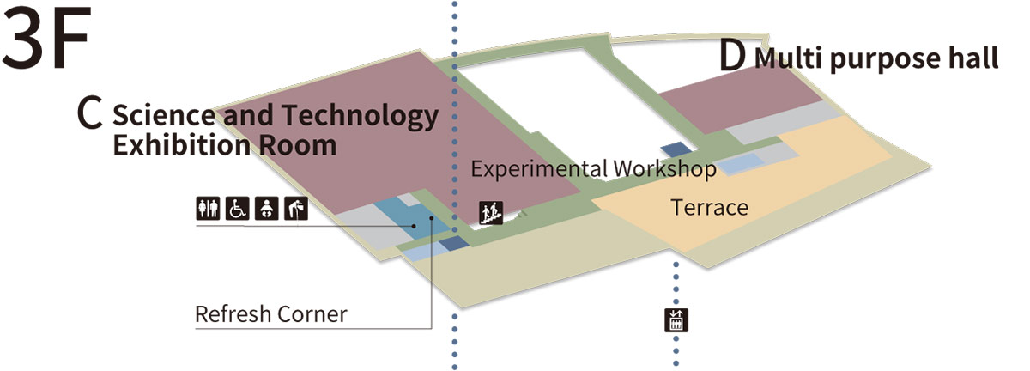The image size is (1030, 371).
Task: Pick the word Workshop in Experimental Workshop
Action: point(663,169)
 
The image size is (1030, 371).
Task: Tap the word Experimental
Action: point(539,169)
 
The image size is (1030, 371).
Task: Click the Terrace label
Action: point(709,207)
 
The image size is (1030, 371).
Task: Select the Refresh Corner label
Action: point(271,314)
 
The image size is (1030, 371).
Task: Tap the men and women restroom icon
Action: point(209,209)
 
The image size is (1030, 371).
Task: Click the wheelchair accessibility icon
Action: point(237,209)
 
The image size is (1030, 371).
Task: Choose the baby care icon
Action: point(266,209)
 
